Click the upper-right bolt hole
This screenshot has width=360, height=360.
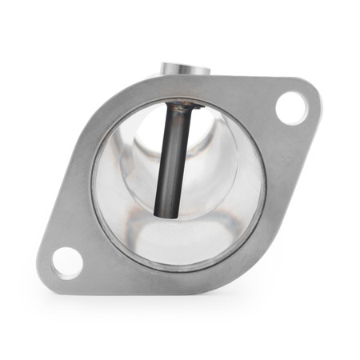click(x=290, y=107)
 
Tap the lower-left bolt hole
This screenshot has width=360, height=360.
click(x=66, y=262)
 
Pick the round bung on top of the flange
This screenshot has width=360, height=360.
click(x=184, y=70)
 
